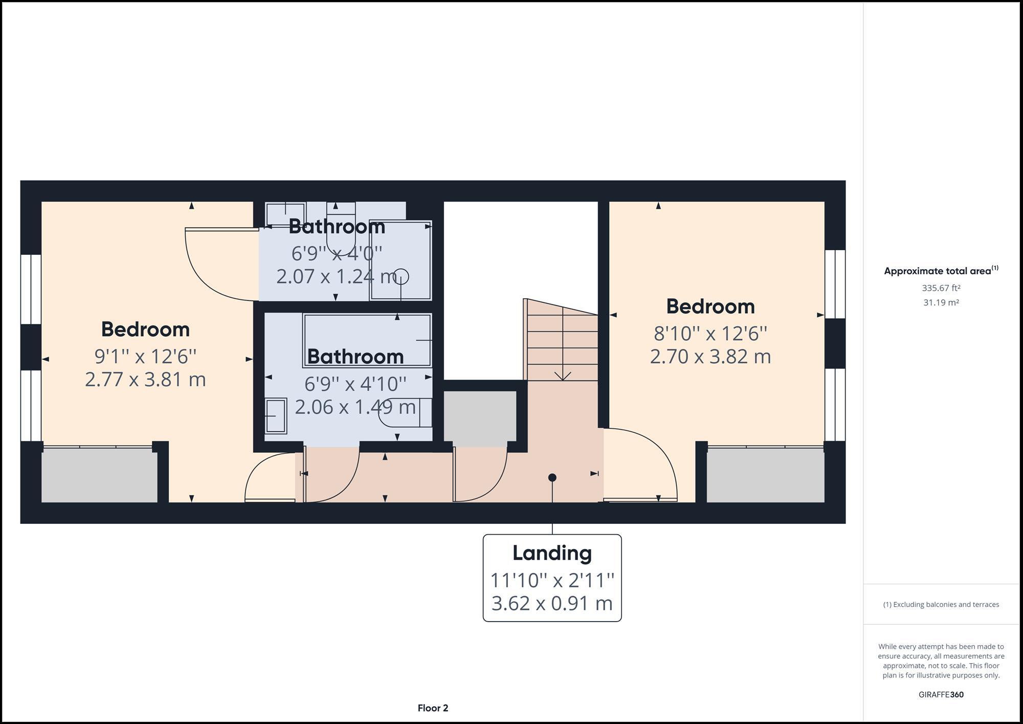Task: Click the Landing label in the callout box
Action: (x=552, y=553)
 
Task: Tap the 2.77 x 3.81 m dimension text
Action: (x=145, y=380)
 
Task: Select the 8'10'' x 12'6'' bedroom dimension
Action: (x=710, y=334)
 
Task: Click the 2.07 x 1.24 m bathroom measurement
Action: (x=337, y=277)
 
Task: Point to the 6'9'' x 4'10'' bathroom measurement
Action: (x=355, y=384)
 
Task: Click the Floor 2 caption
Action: (x=433, y=708)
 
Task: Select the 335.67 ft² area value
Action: (x=941, y=288)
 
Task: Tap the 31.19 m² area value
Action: (x=941, y=302)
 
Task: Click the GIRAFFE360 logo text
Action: (x=941, y=695)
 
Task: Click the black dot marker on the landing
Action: (x=552, y=477)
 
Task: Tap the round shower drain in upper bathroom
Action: (x=401, y=277)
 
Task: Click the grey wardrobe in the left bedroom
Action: (x=99, y=476)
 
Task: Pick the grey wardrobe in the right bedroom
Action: (x=765, y=476)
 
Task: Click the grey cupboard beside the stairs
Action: (x=480, y=417)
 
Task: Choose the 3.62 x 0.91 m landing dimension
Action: (x=552, y=603)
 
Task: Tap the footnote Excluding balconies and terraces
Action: (x=941, y=605)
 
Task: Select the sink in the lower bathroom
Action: (x=276, y=416)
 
